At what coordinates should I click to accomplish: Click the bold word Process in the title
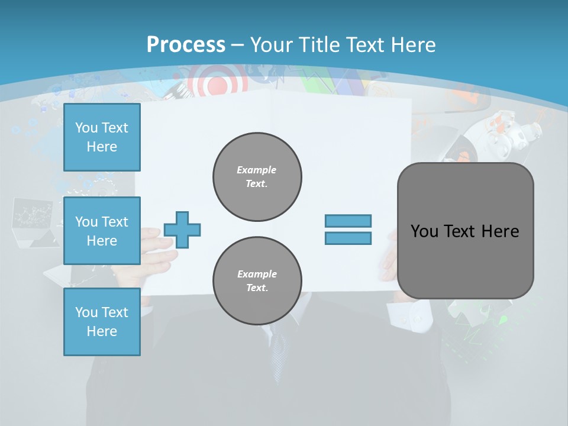pyautogui.click(x=186, y=44)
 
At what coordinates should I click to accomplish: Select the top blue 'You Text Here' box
pyautogui.click(x=102, y=137)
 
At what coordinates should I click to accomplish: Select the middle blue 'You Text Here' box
pyautogui.click(x=102, y=231)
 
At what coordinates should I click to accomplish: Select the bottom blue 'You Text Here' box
pyautogui.click(x=102, y=322)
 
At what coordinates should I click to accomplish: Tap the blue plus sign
pyautogui.click(x=182, y=230)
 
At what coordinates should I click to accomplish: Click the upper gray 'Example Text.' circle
pyautogui.click(x=257, y=176)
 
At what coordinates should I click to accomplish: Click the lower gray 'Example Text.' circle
pyautogui.click(x=257, y=280)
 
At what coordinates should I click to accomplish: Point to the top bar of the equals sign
pyautogui.click(x=348, y=221)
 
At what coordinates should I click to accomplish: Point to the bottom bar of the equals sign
pyautogui.click(x=348, y=238)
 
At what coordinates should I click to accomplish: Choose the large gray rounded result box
pyautogui.click(x=465, y=231)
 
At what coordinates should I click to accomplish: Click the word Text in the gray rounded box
pyautogui.click(x=464, y=231)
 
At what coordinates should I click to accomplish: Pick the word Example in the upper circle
pyautogui.click(x=257, y=170)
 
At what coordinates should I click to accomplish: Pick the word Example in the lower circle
pyautogui.click(x=257, y=274)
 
